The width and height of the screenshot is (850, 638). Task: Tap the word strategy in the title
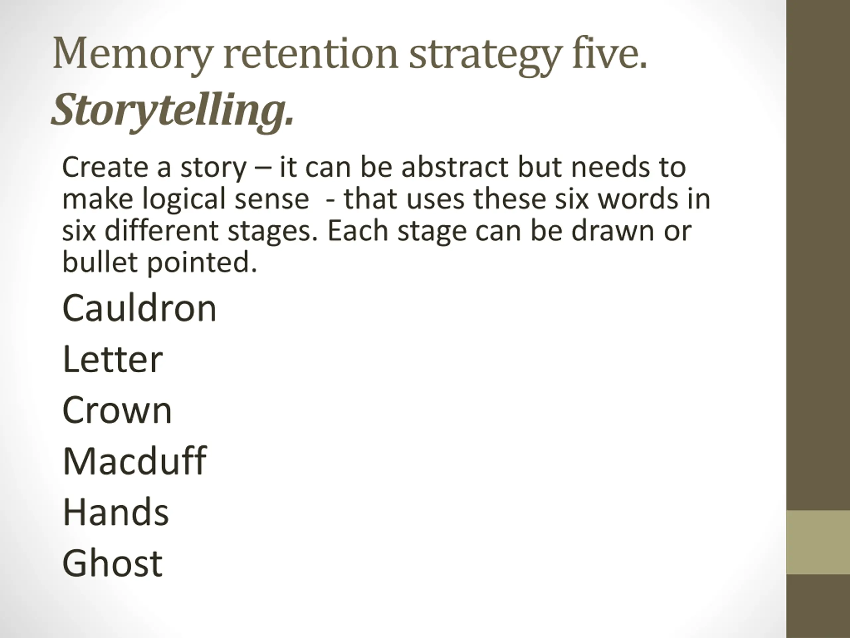pos(484,54)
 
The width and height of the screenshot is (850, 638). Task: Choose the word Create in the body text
pos(105,168)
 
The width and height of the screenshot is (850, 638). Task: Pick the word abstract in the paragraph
pos(455,168)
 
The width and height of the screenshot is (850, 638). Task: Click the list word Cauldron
pos(139,308)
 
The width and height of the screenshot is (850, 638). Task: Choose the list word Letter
pos(113,359)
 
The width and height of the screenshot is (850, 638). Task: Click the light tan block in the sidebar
pos(818,542)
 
